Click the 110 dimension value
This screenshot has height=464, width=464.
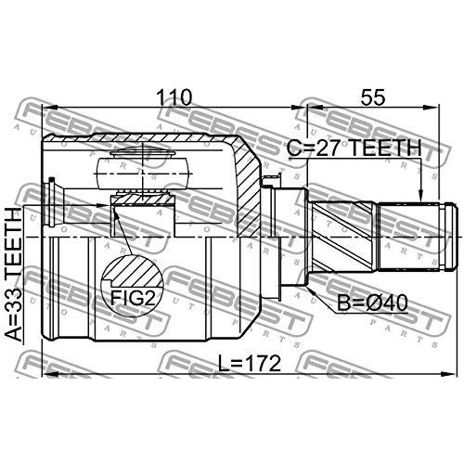pos(174,96)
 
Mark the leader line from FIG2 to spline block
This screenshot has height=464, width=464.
pos(124,237)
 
